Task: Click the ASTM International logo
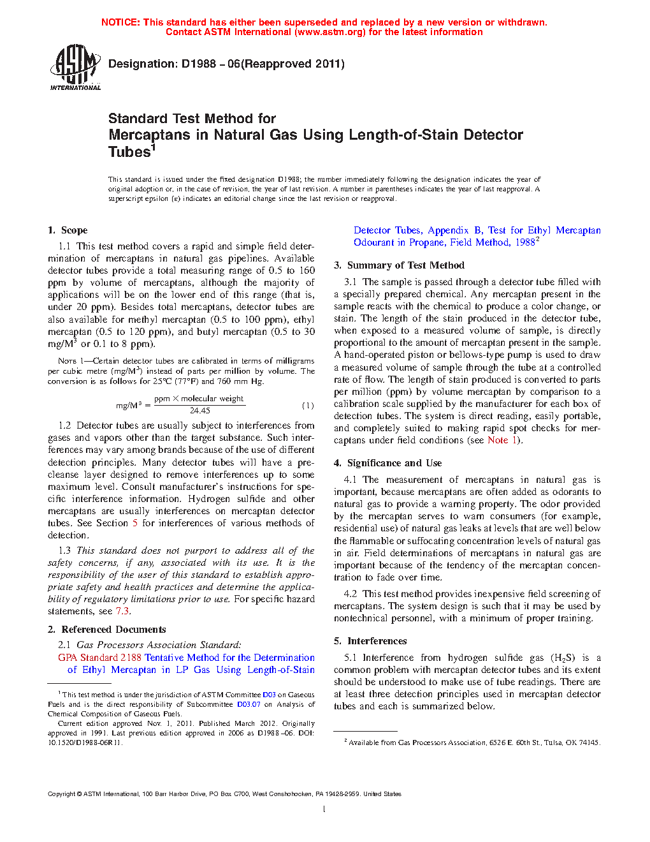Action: click(x=75, y=66)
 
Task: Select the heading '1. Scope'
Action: click(x=68, y=230)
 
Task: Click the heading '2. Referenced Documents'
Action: click(x=106, y=630)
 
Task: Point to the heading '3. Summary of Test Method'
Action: click(x=399, y=265)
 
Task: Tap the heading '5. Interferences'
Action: click(x=370, y=641)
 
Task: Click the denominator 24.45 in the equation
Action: click(x=199, y=411)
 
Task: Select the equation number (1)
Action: click(x=308, y=405)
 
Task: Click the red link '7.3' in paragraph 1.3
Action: click(x=122, y=611)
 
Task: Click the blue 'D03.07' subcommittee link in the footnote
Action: click(x=249, y=704)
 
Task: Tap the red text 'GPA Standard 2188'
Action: click(x=99, y=658)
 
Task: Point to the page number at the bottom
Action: click(x=324, y=809)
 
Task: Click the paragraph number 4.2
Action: click(x=350, y=594)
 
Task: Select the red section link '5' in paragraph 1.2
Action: click(x=135, y=523)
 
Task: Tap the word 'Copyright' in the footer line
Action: click(x=61, y=794)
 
